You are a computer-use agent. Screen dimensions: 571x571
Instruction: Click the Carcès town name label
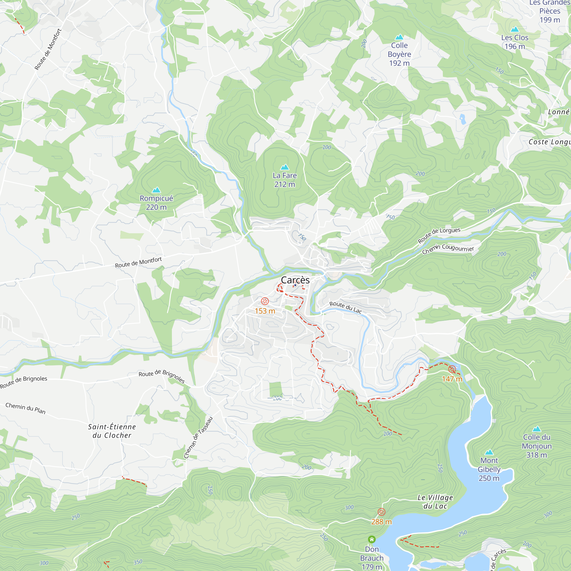(x=295, y=280)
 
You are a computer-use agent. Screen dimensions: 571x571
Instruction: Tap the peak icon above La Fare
(x=284, y=167)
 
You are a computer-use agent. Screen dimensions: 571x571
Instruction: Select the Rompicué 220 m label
(x=156, y=202)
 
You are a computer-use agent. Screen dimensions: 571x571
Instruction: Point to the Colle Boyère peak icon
(x=399, y=37)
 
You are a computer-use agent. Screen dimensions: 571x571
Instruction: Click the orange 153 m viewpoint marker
(x=265, y=301)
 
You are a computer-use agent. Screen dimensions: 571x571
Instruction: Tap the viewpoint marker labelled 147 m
(x=452, y=369)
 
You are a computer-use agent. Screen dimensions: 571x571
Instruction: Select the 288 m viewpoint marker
(x=381, y=512)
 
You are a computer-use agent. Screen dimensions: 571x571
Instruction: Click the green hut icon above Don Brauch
(x=371, y=539)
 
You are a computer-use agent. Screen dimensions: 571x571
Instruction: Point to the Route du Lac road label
(x=345, y=307)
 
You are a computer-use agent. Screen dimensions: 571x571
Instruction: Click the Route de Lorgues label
(x=439, y=235)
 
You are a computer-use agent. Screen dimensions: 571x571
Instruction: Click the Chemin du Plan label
(x=25, y=408)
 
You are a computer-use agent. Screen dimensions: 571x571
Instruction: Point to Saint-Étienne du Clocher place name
(x=112, y=431)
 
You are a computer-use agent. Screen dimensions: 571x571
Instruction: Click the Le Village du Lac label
(x=435, y=502)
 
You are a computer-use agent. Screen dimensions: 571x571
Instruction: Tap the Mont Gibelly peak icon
(x=489, y=452)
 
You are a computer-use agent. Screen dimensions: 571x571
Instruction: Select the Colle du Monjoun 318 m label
(x=536, y=446)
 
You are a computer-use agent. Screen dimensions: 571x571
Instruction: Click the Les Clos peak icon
(x=515, y=29)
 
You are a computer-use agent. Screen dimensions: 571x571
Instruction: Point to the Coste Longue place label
(x=549, y=142)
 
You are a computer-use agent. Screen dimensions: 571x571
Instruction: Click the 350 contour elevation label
(x=138, y=562)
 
